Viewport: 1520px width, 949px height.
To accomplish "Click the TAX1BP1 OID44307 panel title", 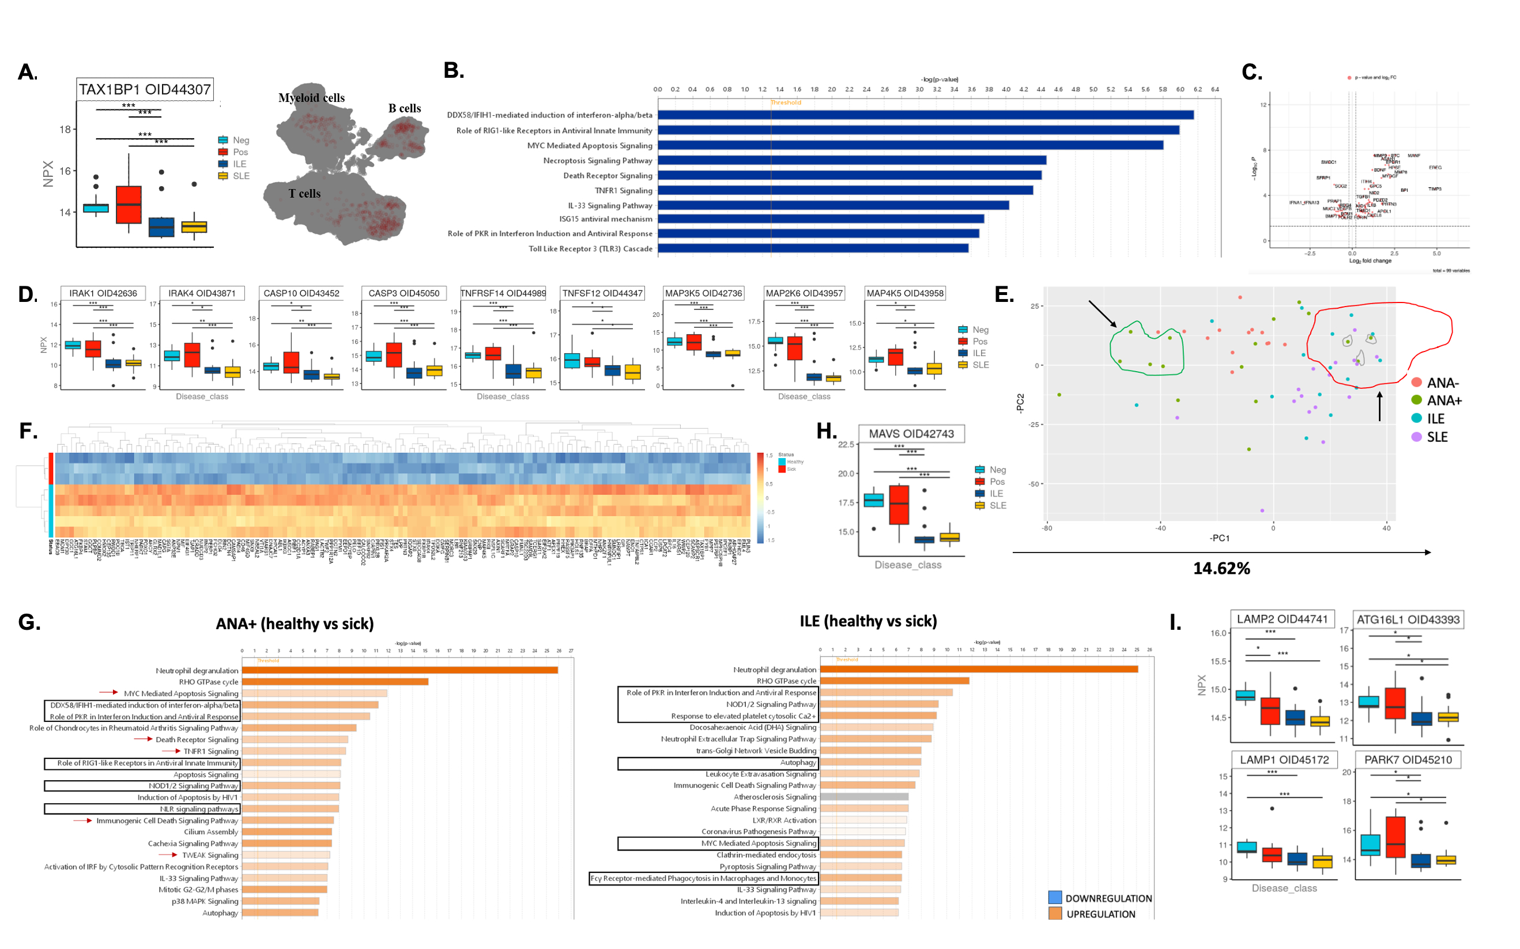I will tap(145, 89).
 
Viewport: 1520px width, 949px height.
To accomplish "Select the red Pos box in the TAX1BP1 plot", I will tap(129, 205).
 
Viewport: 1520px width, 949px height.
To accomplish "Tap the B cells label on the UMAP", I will tap(404, 108).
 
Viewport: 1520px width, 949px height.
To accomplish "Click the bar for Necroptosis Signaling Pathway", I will tap(851, 161).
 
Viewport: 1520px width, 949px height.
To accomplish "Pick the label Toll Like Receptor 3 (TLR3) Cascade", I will tap(590, 249).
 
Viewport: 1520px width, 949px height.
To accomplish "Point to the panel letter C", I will tap(1251, 72).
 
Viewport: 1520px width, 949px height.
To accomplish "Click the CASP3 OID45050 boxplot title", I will tap(403, 293).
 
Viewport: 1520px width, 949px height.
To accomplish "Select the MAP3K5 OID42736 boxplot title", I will tap(703, 293).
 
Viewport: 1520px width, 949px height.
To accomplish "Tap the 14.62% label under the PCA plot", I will tap(1221, 569).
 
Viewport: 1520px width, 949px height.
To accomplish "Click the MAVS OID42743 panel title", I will tap(911, 434).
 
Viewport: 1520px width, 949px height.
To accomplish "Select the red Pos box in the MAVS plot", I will tap(899, 504).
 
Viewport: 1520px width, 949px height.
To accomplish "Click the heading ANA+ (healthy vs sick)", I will tap(295, 624).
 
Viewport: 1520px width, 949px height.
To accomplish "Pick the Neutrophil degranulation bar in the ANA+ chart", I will tap(400, 670).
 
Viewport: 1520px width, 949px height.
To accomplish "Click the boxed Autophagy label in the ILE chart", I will tap(798, 762).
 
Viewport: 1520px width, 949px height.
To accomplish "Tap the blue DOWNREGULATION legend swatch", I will tap(1055, 898).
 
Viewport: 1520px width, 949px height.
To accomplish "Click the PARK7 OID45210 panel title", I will tap(1408, 760).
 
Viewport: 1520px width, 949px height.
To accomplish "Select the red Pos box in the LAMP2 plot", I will tap(1270, 711).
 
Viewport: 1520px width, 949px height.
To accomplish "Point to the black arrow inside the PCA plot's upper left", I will tap(1103, 314).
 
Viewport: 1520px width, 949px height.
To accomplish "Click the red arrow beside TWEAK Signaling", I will tap(168, 855).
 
